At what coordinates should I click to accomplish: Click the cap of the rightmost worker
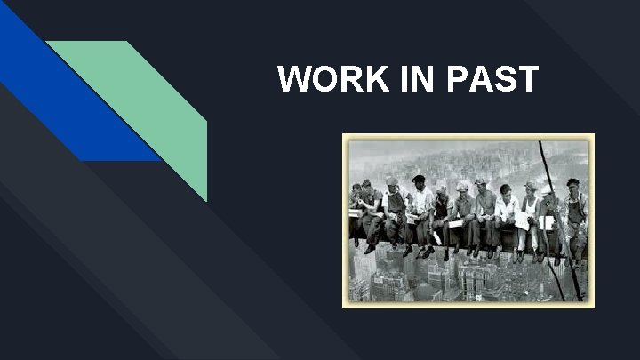click(x=573, y=182)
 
